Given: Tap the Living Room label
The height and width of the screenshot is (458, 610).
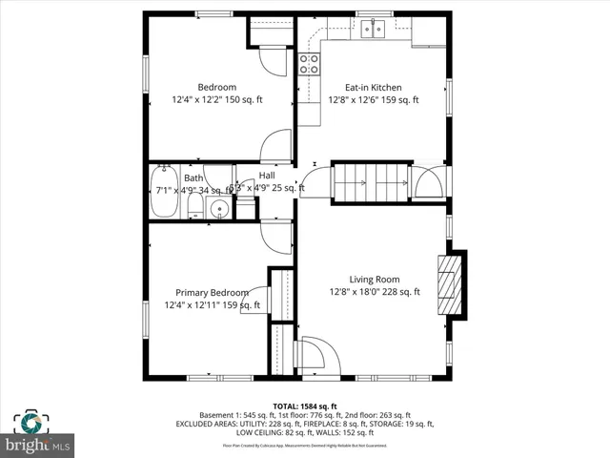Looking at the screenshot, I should pyautogui.click(x=374, y=280).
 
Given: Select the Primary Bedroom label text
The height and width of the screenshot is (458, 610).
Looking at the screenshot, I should pyautogui.click(x=212, y=293).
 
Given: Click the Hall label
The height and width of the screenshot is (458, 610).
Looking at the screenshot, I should pyautogui.click(x=267, y=176).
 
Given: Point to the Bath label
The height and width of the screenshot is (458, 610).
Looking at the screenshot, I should pyautogui.click(x=193, y=177).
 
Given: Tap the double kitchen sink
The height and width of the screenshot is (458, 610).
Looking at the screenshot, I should pyautogui.click(x=373, y=29).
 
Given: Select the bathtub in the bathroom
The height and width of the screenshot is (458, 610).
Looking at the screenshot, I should pyautogui.click(x=163, y=192).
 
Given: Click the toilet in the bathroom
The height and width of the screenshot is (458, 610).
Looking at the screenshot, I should pyautogui.click(x=193, y=208).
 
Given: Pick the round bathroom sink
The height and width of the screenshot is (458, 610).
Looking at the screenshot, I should pyautogui.click(x=219, y=209).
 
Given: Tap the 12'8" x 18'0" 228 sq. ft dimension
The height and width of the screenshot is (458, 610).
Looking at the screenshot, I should pyautogui.click(x=374, y=292).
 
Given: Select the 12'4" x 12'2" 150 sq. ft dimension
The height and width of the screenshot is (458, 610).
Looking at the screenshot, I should pyautogui.click(x=216, y=99).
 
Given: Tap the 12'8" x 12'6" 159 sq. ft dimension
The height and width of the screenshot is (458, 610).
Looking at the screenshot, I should pyautogui.click(x=374, y=99).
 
